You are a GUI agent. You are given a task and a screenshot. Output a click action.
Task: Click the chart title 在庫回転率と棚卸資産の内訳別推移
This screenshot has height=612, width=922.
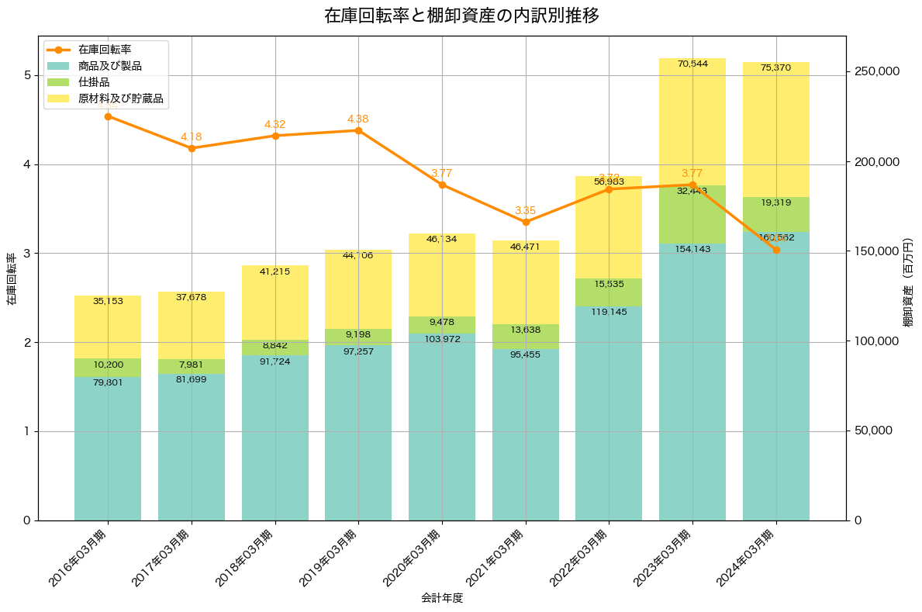point(461,16)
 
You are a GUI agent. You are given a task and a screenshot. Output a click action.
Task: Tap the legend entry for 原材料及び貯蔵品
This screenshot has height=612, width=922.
point(120,99)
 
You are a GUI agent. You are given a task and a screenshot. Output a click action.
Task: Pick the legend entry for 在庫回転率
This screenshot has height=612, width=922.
point(104,50)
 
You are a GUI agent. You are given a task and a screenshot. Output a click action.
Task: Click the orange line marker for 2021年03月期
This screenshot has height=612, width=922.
point(526,222)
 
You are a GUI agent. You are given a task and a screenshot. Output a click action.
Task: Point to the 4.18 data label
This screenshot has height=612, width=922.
point(191,137)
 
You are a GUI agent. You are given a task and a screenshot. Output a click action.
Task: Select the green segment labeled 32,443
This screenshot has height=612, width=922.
point(692,214)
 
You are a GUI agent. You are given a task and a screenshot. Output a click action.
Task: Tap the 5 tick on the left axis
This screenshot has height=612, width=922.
point(26,75)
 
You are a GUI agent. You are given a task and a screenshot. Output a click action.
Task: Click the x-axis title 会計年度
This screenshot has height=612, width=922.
point(442,598)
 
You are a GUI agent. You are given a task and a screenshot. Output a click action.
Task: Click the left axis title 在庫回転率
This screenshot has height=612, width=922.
point(12,279)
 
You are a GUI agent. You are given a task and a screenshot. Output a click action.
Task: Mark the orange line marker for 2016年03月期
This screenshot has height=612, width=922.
point(108,116)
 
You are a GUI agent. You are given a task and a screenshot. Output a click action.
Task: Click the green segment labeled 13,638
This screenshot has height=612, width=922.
point(526,336)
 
